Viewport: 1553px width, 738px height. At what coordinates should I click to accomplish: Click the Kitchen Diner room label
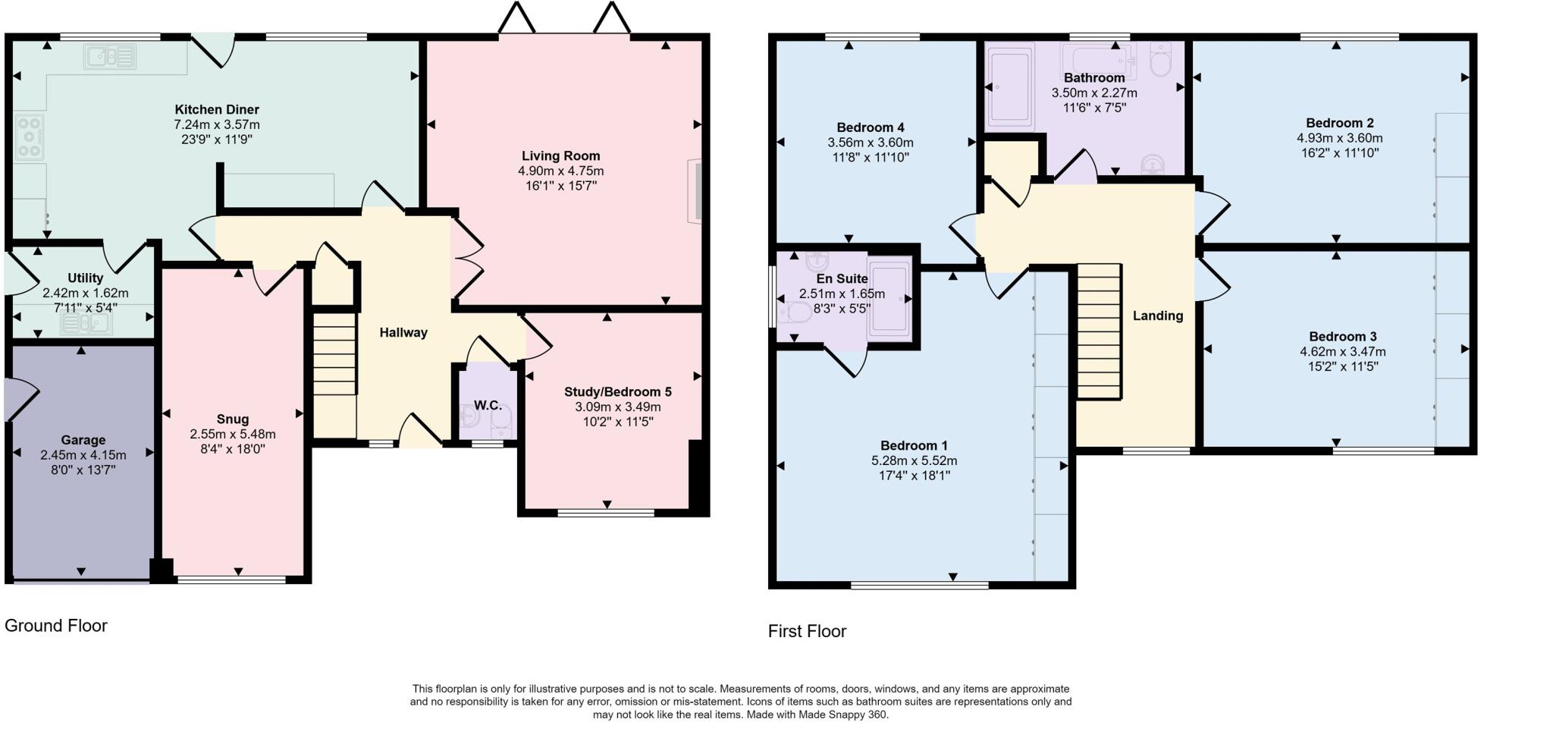tap(217, 109)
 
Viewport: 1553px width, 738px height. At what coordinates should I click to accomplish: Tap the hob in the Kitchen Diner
tap(30, 137)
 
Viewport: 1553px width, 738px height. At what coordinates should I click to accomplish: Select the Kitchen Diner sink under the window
tap(111, 57)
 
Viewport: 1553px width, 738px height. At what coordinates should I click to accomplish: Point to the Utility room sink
tap(86, 324)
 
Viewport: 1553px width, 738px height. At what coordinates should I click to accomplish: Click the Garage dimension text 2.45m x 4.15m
tap(83, 455)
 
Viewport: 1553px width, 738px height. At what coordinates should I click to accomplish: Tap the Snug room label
tap(232, 419)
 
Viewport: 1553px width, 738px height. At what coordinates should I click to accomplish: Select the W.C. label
tap(488, 405)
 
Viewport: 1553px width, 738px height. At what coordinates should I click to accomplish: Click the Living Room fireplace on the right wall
tap(694, 191)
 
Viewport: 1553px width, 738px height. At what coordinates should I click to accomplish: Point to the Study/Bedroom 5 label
tap(617, 392)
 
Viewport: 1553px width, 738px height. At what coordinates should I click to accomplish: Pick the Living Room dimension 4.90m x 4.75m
tap(560, 171)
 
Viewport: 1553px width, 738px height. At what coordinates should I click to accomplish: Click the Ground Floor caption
tap(56, 625)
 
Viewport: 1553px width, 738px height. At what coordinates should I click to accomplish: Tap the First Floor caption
tap(807, 631)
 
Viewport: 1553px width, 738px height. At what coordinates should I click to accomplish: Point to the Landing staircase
tap(1099, 331)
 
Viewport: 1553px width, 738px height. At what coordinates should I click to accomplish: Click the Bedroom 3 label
tap(1342, 337)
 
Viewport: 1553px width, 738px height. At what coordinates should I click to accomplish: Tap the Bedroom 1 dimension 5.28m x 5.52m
tap(914, 460)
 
